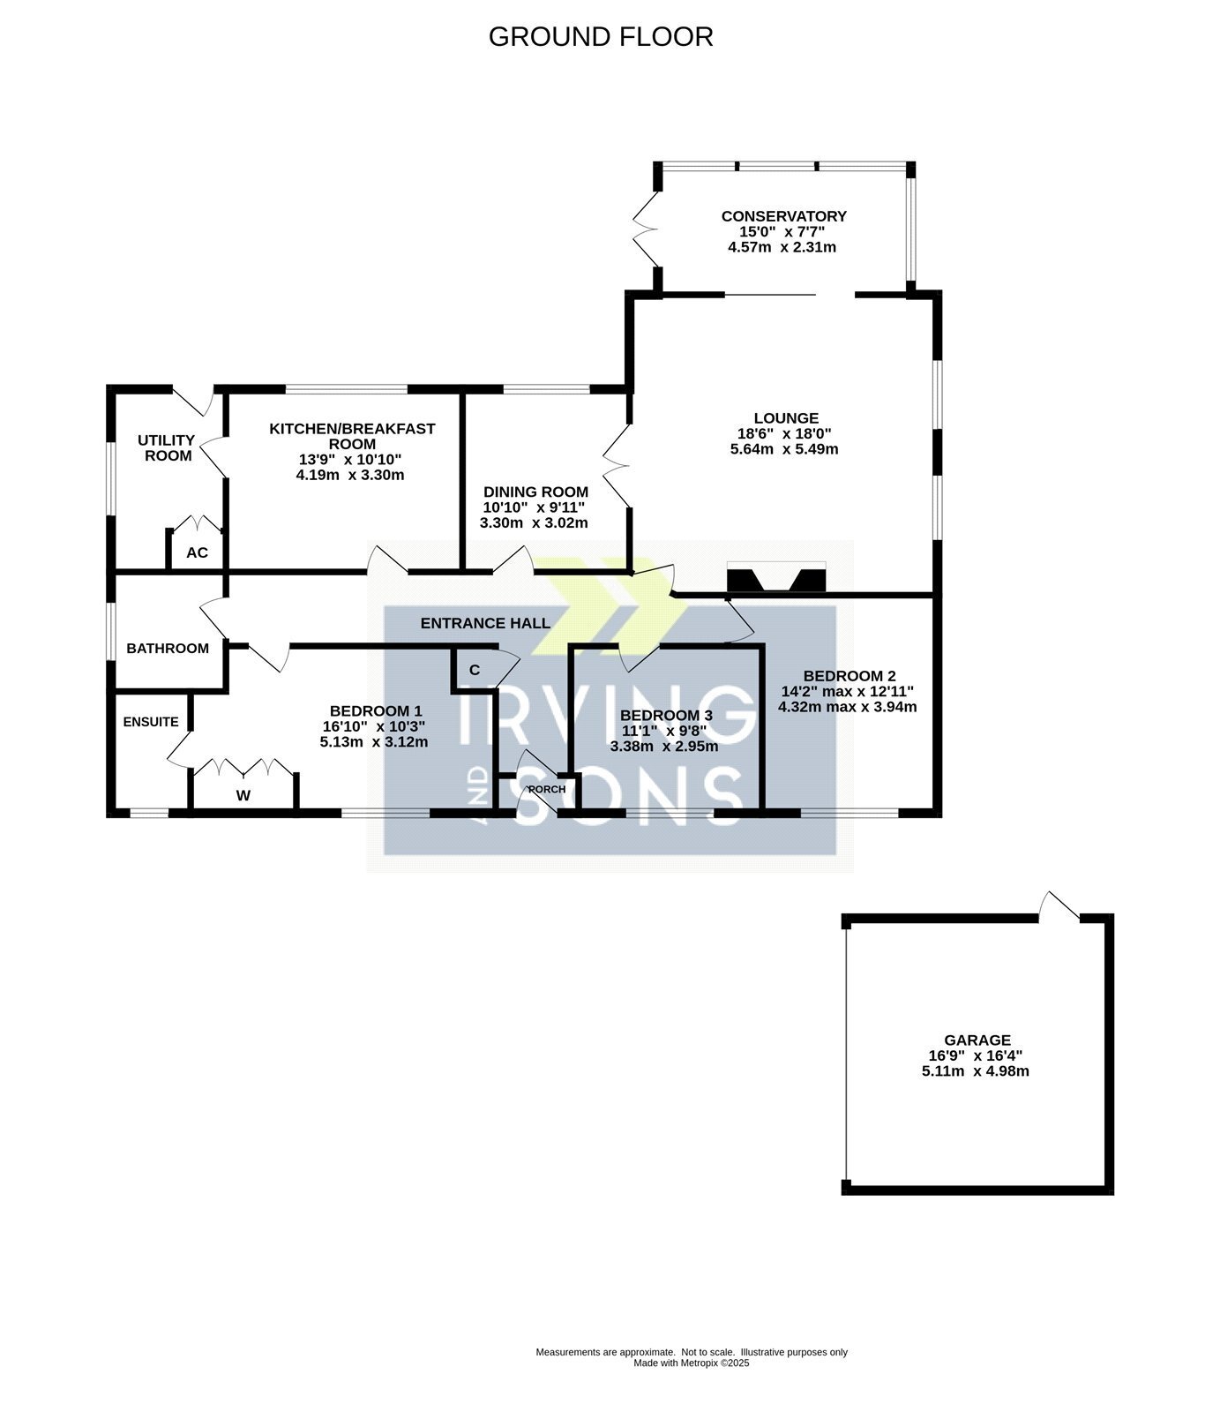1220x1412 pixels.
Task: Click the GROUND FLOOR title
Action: coord(601,37)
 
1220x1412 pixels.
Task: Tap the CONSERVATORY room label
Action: coord(783,216)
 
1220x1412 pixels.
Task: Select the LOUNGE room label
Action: coord(786,418)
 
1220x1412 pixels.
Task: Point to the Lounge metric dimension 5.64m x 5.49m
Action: coord(782,449)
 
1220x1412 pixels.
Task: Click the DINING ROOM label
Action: coord(535,492)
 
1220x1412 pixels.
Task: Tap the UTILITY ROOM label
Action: coord(167,448)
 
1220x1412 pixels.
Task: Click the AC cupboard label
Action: coord(197,553)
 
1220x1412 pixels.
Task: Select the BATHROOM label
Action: coord(168,649)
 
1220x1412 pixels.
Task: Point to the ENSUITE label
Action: coord(151,722)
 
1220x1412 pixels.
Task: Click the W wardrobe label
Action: coord(243,796)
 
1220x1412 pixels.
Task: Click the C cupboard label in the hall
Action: coord(475,671)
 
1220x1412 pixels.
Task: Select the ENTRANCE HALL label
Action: coord(485,624)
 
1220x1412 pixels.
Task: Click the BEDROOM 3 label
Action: coord(666,716)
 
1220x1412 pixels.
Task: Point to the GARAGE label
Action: coord(977,1040)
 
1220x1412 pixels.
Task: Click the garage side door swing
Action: coord(1059,906)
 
